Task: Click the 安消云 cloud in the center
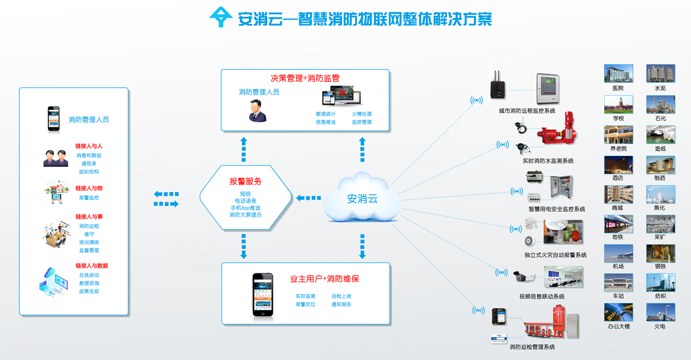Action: click(x=362, y=198)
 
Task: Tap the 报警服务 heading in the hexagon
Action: click(x=245, y=182)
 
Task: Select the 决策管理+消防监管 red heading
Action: click(x=305, y=78)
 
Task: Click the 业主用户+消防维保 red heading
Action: click(x=324, y=279)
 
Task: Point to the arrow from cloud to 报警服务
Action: click(x=309, y=198)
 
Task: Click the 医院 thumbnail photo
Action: click(x=618, y=73)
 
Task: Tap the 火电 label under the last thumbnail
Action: click(x=660, y=327)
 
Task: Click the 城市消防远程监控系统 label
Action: click(x=527, y=111)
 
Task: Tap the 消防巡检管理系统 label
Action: click(x=532, y=347)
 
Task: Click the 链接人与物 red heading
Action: click(x=89, y=188)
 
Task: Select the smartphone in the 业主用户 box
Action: click(x=262, y=294)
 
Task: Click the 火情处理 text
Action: click(x=362, y=114)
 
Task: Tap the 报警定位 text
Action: click(x=305, y=304)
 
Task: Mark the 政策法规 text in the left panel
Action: click(x=89, y=292)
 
